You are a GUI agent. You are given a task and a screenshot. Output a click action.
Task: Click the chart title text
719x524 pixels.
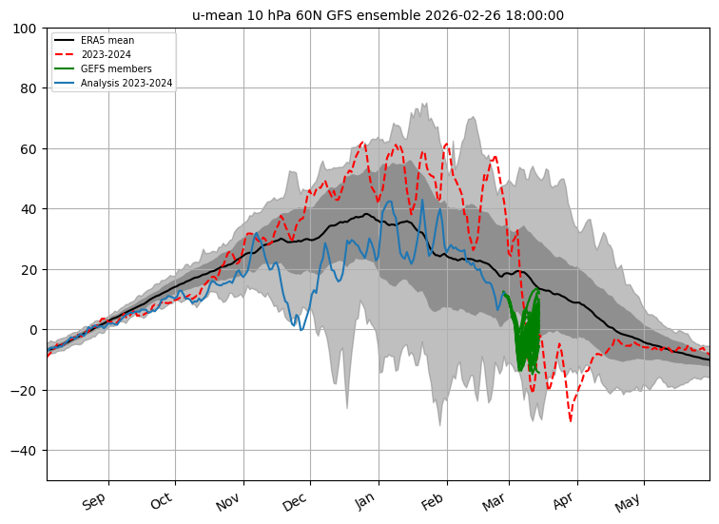[x=378, y=15]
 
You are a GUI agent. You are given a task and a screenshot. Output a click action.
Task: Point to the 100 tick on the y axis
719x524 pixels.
[x=26, y=29]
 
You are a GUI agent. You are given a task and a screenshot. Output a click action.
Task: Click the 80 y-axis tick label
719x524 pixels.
[x=29, y=89]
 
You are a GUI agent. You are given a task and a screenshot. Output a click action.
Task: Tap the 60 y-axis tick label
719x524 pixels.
[x=29, y=149]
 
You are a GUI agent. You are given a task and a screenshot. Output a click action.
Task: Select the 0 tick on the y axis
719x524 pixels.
[x=32, y=330]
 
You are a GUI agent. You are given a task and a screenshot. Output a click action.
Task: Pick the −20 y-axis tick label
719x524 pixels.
[x=26, y=390]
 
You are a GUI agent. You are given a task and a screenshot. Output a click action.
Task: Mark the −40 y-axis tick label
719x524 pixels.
[x=26, y=450]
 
